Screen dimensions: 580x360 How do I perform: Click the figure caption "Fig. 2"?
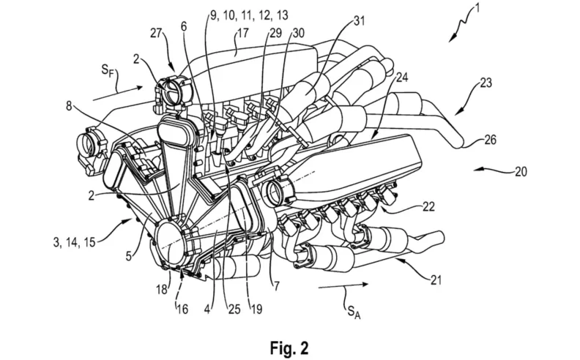tap(289, 348)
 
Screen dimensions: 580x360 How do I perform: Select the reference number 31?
tap(359, 20)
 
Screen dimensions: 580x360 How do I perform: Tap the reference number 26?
tap(490, 140)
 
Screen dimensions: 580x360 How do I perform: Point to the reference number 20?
tap(521, 171)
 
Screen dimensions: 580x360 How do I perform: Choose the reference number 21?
tap(436, 280)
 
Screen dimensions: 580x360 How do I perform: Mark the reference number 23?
tap(486, 83)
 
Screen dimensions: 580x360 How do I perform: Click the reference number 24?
tap(402, 78)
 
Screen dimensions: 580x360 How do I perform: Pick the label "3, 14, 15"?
tap(74, 242)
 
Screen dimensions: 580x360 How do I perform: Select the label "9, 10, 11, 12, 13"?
tap(249, 15)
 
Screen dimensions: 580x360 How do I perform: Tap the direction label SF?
tap(108, 70)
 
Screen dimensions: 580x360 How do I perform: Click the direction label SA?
tap(354, 312)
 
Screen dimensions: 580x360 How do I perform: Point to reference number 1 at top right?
tap(477, 8)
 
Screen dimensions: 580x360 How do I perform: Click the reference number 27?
tap(157, 33)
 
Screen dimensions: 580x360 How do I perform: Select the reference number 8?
tap(69, 106)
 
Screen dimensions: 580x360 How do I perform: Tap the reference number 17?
tap(242, 33)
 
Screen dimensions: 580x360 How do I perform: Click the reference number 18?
tap(162, 290)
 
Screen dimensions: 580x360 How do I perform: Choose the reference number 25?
tap(234, 309)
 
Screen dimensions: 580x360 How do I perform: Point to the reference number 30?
tap(298, 33)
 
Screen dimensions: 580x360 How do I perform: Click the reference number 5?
tap(128, 256)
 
